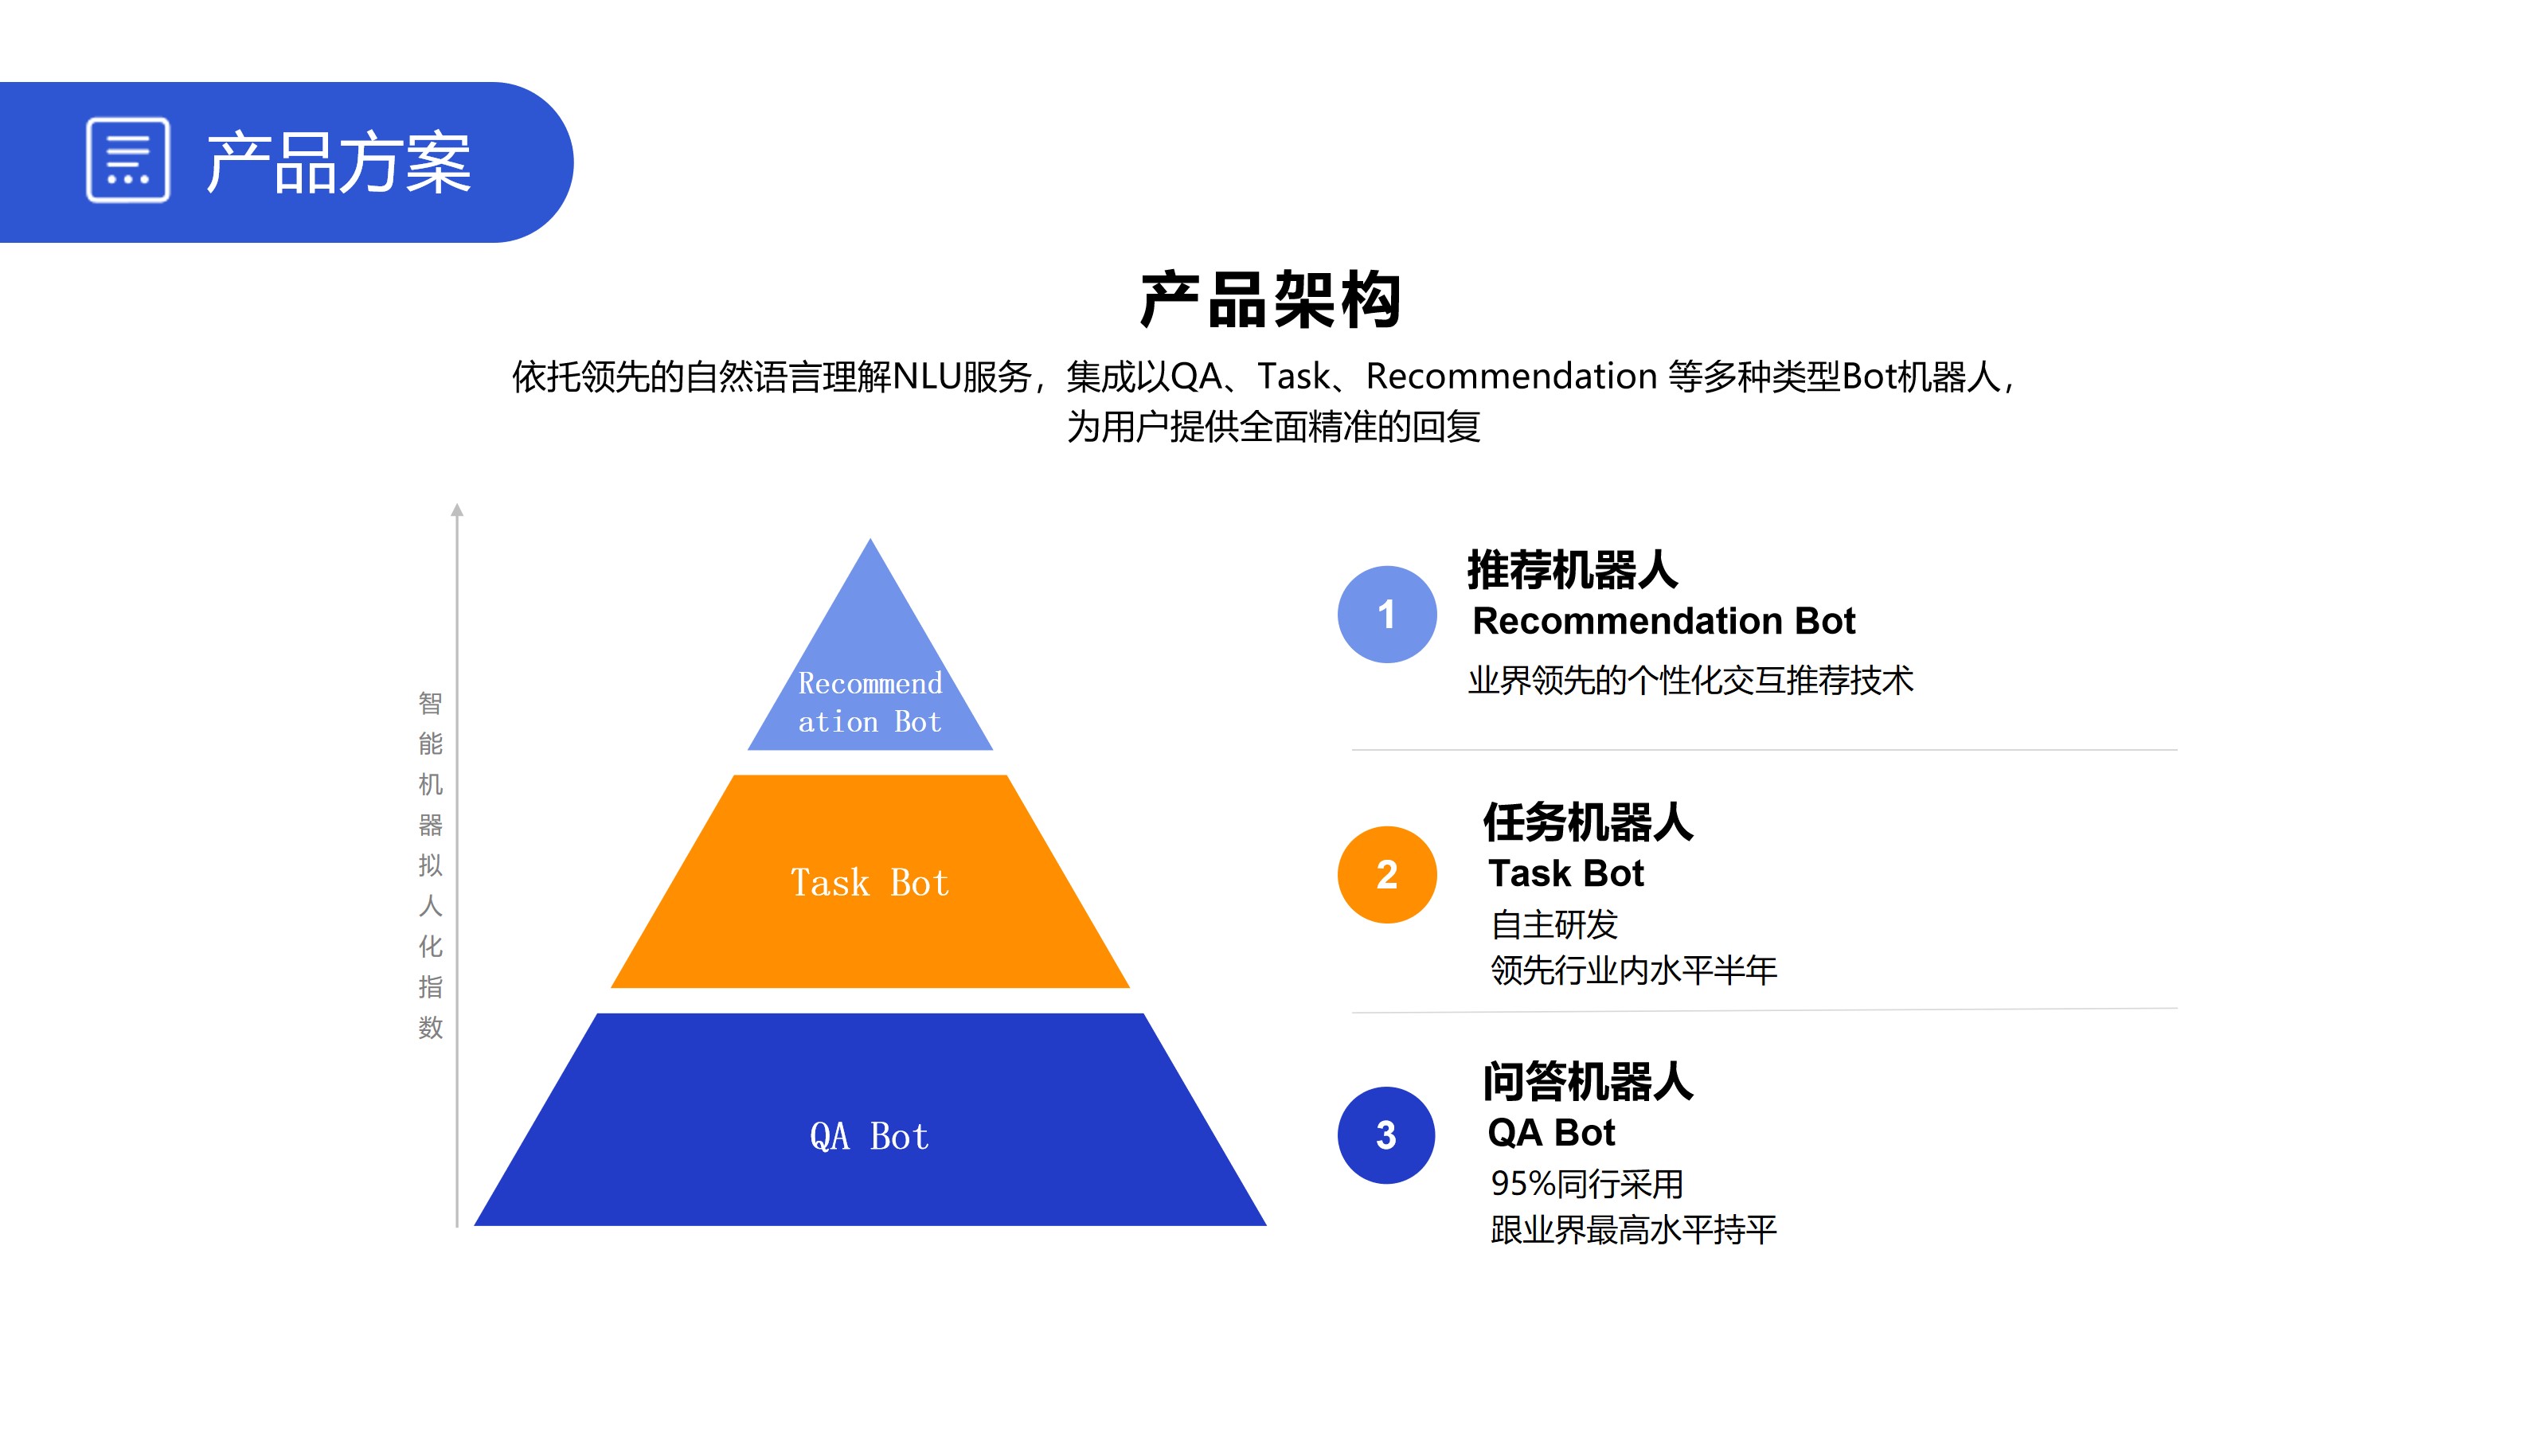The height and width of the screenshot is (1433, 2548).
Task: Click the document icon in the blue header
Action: pos(127,160)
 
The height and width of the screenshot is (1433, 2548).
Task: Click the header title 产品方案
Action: pos(338,163)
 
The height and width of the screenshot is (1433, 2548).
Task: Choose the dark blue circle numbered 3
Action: pos(1385,1135)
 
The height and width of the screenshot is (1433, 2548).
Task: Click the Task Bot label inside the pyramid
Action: pos(870,882)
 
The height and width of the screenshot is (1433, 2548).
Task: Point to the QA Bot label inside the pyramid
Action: pos(870,1136)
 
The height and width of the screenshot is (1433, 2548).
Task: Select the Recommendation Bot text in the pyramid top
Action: pos(870,702)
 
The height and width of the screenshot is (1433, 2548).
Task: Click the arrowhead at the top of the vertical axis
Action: pos(457,510)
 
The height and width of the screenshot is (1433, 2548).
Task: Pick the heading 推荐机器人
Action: pos(1572,570)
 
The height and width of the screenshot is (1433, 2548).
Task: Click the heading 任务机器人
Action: pos(1588,823)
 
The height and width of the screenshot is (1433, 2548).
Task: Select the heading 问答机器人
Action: pos(1588,1082)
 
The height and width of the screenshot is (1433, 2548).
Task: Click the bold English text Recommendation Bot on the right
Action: pos(1663,621)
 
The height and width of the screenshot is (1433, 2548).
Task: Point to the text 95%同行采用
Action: pos(1587,1184)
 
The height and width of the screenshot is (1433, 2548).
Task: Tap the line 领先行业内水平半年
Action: pos(1633,970)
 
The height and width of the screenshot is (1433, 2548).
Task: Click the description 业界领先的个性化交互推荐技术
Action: pos(1690,681)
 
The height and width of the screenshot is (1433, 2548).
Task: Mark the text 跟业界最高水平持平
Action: pos(1633,1230)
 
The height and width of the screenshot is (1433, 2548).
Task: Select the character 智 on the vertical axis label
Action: pos(430,703)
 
